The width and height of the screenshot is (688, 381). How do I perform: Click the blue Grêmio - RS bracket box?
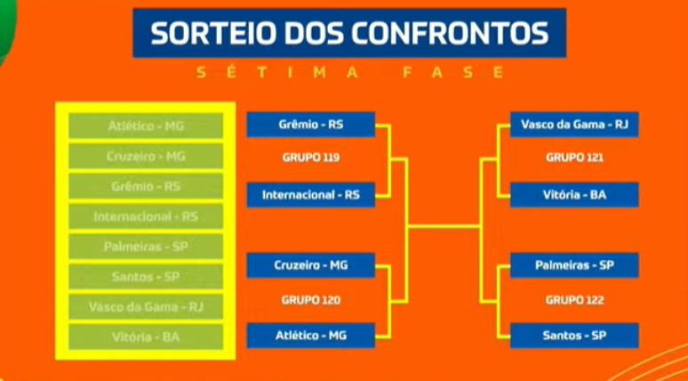tap(310, 125)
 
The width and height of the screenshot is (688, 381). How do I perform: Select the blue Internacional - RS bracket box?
tap(310, 195)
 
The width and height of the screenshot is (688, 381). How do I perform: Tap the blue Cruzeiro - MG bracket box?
tap(310, 265)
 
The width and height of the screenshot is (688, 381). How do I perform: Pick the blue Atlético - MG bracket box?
tap(310, 336)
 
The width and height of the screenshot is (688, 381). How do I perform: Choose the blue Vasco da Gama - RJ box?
tap(574, 125)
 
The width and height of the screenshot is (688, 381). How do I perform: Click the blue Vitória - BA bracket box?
tap(574, 195)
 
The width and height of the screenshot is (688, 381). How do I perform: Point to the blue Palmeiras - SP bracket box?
tap(574, 265)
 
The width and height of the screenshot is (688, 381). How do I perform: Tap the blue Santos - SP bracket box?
tap(574, 336)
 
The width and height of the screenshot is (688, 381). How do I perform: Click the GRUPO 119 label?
tap(310, 158)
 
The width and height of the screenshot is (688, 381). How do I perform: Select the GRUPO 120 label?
tap(310, 301)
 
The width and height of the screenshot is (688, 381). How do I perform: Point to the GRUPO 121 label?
tap(574, 158)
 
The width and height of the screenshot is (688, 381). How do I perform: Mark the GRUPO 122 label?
tap(574, 301)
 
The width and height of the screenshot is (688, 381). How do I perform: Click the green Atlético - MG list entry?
tap(146, 126)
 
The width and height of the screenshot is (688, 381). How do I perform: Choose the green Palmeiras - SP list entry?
tap(146, 247)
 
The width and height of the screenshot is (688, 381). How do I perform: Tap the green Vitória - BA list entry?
tap(146, 337)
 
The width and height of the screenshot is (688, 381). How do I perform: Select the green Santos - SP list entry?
tap(146, 277)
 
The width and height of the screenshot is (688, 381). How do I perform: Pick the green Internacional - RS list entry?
tap(146, 216)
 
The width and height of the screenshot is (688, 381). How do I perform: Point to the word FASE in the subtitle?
tap(452, 73)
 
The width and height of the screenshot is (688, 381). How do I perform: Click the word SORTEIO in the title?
tap(210, 33)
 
